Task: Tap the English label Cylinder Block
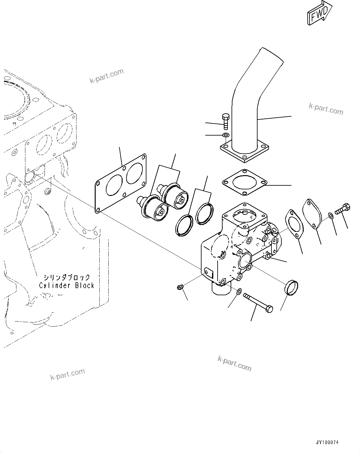[x=67, y=285]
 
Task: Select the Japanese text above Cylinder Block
[x=67, y=277]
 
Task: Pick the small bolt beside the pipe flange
[x=225, y=122]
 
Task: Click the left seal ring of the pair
[x=184, y=224]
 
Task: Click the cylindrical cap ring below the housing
[x=291, y=287]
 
